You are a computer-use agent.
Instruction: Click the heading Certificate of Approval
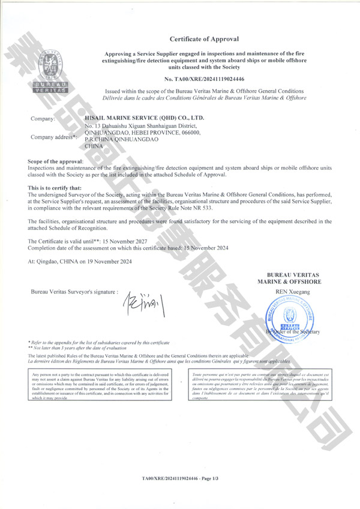(204, 39)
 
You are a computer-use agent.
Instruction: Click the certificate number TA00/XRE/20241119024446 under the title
(204, 79)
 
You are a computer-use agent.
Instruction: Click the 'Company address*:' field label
(53, 137)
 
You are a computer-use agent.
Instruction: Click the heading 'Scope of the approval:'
(56, 162)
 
